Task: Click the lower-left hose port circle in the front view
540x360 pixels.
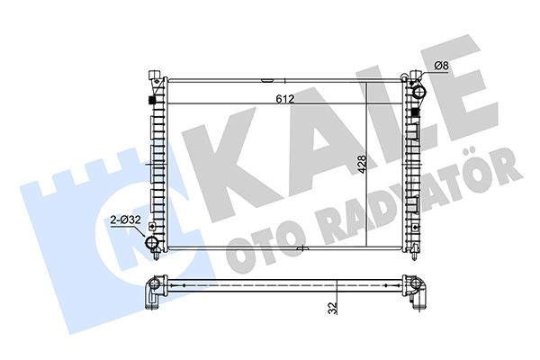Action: [x=153, y=243]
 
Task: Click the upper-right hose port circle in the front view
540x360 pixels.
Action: [x=418, y=91]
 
